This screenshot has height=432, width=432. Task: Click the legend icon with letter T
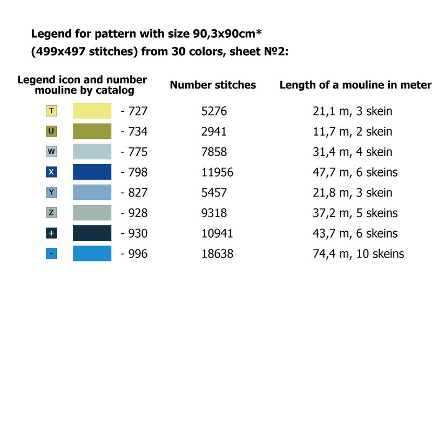[x=51, y=111]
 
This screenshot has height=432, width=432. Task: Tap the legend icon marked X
[x=51, y=172]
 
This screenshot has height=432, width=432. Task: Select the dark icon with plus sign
[x=51, y=233]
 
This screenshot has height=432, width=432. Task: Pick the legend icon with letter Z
[x=51, y=213]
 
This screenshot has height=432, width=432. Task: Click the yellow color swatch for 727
[x=92, y=111]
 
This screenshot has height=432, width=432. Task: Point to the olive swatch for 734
[x=92, y=131]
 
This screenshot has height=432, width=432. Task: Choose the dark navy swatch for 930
[x=92, y=233]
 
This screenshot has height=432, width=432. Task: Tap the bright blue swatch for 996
[x=92, y=253]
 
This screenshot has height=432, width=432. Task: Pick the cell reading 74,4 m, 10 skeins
[x=358, y=253]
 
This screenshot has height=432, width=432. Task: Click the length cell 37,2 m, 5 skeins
[x=355, y=213]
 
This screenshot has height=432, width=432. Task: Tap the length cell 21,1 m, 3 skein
[x=352, y=111]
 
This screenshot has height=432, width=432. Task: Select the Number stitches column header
[x=213, y=85]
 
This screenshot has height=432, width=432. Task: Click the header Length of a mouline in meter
[x=355, y=85]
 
